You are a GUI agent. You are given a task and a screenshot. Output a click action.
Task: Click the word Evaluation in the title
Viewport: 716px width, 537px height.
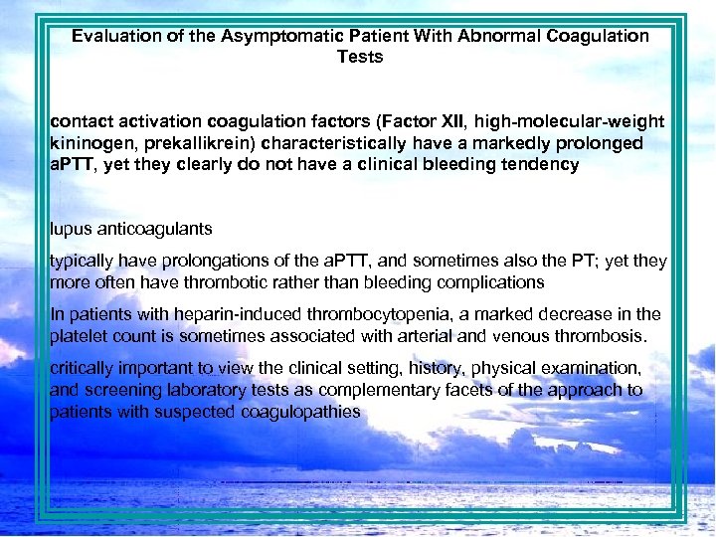[112, 36]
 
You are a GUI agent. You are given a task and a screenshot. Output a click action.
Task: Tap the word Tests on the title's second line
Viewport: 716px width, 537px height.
[360, 57]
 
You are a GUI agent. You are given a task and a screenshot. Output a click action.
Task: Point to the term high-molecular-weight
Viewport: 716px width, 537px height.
[570, 122]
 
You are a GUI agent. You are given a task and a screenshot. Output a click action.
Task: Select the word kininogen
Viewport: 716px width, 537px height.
[89, 143]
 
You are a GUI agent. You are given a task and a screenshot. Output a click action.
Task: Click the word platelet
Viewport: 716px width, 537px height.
[79, 335]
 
